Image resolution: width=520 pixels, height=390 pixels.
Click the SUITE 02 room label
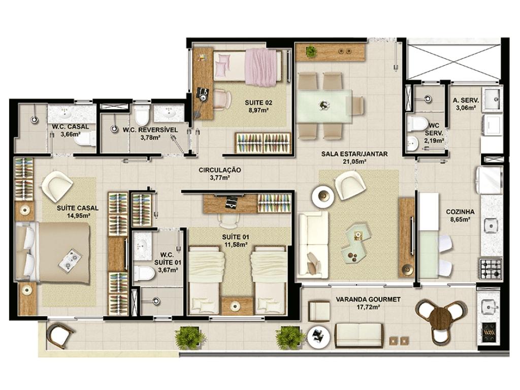[258, 103]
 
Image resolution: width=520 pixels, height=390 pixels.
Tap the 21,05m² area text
[354, 162]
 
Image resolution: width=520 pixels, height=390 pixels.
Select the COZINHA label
[460, 212]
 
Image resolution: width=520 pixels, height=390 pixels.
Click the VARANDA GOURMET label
[368, 299]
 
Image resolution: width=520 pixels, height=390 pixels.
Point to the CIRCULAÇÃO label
[219, 170]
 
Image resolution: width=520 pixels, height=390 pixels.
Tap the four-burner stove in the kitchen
[491, 268]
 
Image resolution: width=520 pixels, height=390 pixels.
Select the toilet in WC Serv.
[417, 123]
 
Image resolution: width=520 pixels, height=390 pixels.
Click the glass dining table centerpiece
[323, 106]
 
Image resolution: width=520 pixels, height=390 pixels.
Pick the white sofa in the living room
[313, 245]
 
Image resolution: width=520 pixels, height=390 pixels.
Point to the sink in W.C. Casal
[63, 114]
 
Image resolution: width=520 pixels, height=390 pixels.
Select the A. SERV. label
[464, 100]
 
